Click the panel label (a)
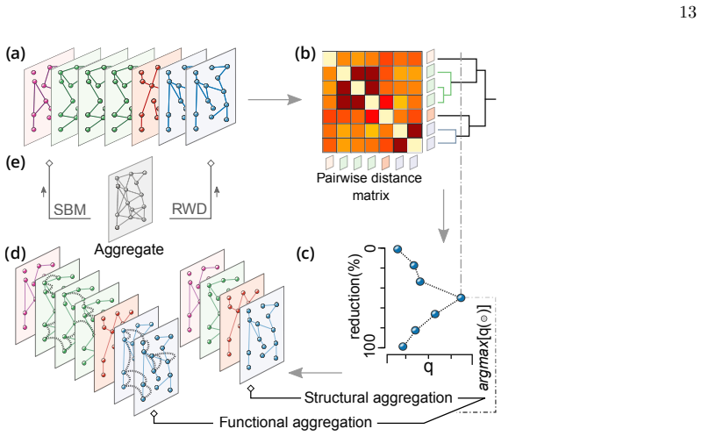pyautogui.click(x=15, y=54)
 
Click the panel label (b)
pyautogui.click(x=304, y=54)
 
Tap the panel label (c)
pyautogui.click(x=305, y=254)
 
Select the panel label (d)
pyautogui.click(x=15, y=254)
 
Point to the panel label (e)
pyautogui.click(x=15, y=162)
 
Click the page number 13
pyautogui.click(x=688, y=12)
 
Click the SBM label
pyautogui.click(x=70, y=209)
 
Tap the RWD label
pyautogui.click(x=190, y=209)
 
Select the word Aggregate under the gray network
pyautogui.click(x=129, y=249)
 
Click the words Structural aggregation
pyautogui.click(x=378, y=397)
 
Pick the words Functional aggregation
pyautogui.click(x=296, y=422)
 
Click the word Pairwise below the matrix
pyautogui.click(x=343, y=178)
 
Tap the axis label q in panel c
pyautogui.click(x=428, y=367)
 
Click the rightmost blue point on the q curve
pyautogui.click(x=461, y=297)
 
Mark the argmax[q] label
pyautogui.click(x=484, y=347)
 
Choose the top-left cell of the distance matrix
pyautogui.click(x=330, y=59)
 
